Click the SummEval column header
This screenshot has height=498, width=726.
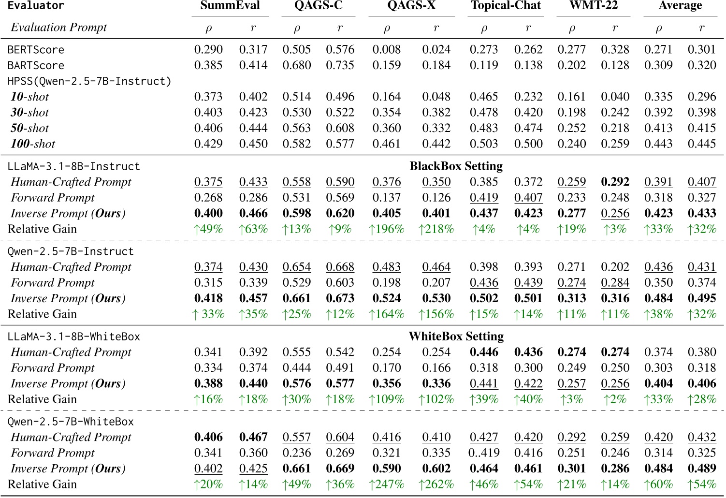click(230, 6)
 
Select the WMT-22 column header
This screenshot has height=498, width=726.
click(593, 6)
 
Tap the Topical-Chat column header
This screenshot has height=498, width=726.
click(506, 6)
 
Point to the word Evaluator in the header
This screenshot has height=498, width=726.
click(36, 6)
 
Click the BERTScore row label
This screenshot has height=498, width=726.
click(36, 50)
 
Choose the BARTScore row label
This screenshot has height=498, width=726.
click(36, 65)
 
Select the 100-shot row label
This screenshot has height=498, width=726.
click(33, 144)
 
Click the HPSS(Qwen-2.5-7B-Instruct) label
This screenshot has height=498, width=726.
click(89, 81)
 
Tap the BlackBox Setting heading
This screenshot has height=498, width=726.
click(456, 166)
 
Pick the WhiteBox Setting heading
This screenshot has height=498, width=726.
click(456, 337)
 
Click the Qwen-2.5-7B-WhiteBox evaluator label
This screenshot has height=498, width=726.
click(71, 422)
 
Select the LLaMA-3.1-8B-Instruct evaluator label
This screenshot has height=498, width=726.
click(73, 166)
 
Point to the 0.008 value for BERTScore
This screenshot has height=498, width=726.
click(387, 50)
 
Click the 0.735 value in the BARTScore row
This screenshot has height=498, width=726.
click(340, 65)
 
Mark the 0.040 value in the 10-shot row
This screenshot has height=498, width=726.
click(615, 97)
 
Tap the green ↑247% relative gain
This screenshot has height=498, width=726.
click(386, 484)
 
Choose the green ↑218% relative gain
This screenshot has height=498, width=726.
click(436, 229)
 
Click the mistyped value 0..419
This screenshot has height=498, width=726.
click(484, 453)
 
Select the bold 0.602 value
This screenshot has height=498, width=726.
click(436, 469)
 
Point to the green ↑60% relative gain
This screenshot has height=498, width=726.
click(658, 484)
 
